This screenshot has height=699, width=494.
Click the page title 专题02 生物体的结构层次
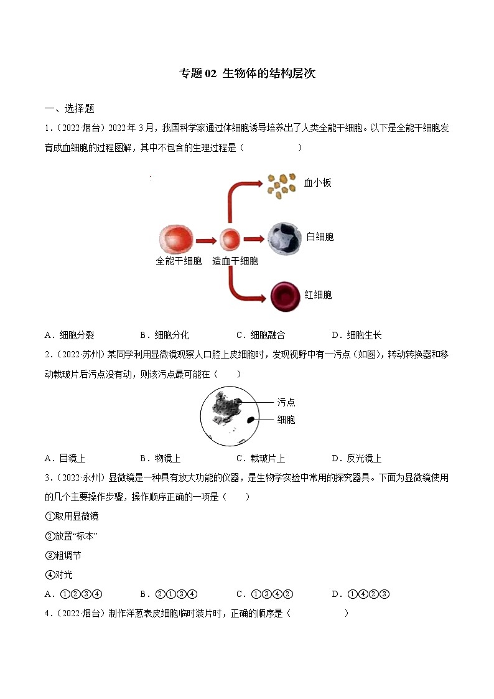(x=247, y=73)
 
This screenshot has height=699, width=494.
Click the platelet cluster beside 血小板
(x=281, y=184)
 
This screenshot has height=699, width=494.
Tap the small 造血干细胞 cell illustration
(x=230, y=240)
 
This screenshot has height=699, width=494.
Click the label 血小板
(x=317, y=183)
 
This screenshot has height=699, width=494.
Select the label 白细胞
(x=320, y=237)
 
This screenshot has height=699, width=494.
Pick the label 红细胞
(x=318, y=295)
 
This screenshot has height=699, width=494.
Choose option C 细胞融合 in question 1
(x=261, y=335)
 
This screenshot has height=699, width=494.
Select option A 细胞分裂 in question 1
(x=70, y=335)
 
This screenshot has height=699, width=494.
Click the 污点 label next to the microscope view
(x=286, y=402)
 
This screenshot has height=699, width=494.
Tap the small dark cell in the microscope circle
(x=251, y=420)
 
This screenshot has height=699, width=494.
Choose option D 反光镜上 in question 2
(x=357, y=458)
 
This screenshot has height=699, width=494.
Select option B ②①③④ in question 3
(x=169, y=594)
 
